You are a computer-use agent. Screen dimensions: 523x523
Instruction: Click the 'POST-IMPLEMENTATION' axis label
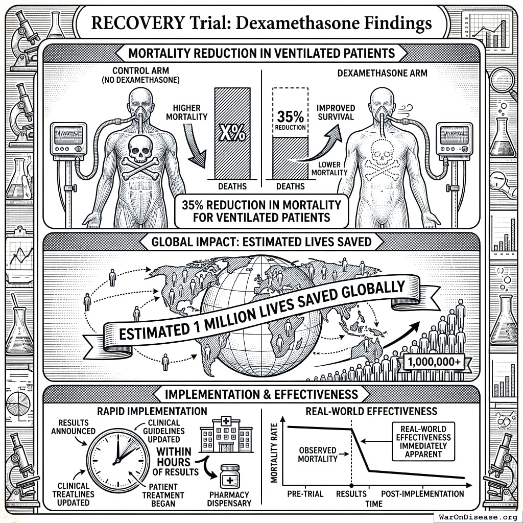(423, 494)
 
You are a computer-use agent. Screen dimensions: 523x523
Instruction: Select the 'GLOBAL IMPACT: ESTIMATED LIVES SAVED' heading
(261, 242)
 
